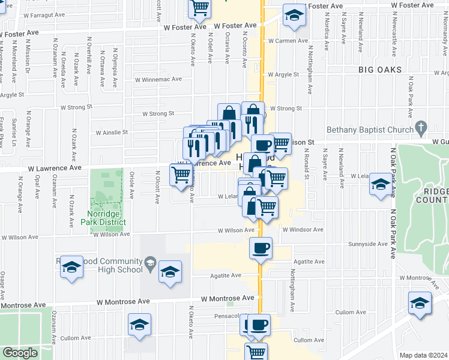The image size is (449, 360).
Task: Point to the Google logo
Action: (x=20, y=353)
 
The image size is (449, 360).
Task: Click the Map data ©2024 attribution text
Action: (x=423, y=355)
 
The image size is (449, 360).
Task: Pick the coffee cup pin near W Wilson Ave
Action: (x=261, y=248)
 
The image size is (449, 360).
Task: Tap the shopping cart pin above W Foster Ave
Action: (x=199, y=8)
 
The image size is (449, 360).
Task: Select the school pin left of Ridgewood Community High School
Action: (x=71, y=268)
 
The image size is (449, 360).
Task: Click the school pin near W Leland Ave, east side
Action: (x=381, y=184)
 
